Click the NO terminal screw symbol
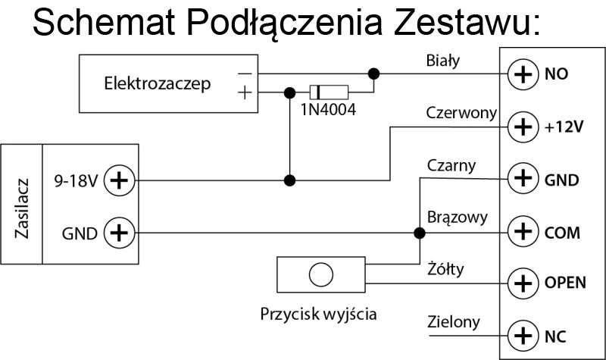click(522, 74)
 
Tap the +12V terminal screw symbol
click(522, 127)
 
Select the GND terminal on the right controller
click(522, 180)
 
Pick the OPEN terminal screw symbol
click(522, 283)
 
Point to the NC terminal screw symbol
click(522, 334)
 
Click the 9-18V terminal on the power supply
click(117, 180)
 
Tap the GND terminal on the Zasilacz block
click(117, 233)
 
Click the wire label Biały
click(443, 59)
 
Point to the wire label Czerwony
click(461, 113)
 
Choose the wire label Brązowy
click(457, 218)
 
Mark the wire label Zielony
click(453, 321)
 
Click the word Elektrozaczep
click(158, 83)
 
